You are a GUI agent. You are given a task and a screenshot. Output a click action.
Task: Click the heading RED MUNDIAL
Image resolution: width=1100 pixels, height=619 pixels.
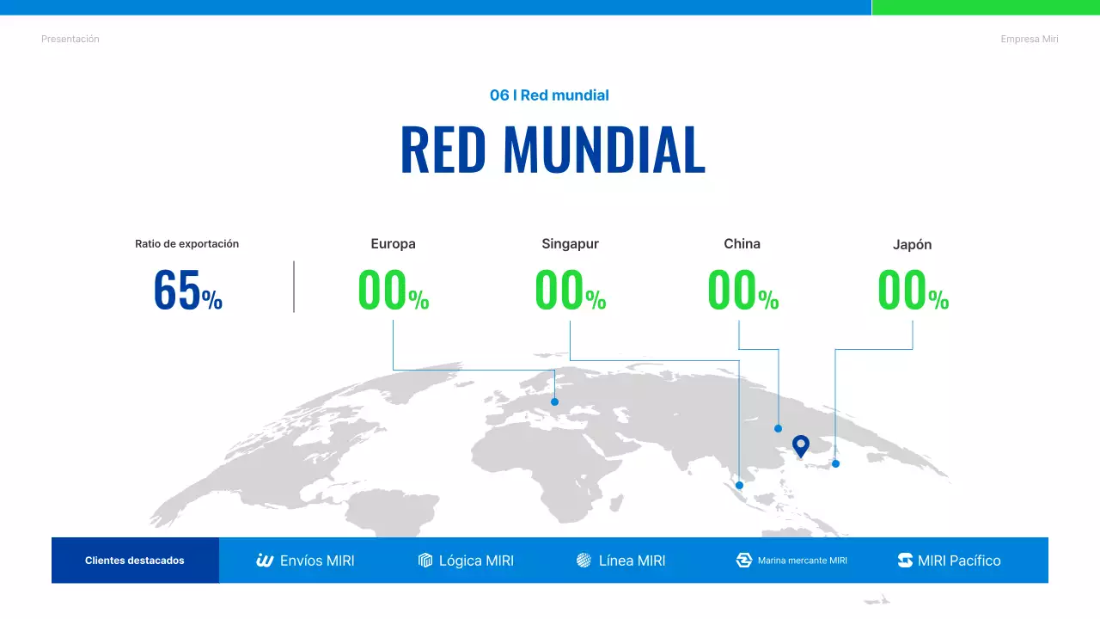tap(553, 150)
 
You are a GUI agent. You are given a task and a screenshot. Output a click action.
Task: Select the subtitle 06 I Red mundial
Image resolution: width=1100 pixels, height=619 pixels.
tap(549, 95)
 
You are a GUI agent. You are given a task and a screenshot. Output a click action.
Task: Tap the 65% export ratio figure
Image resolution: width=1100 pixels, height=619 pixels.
tap(187, 291)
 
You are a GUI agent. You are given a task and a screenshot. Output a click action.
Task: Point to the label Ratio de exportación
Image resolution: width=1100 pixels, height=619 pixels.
tap(186, 244)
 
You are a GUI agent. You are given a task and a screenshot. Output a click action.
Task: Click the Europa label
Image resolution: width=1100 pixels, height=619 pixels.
tap(393, 244)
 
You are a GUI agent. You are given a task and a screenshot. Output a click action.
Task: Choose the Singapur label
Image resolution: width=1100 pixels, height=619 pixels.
tap(570, 244)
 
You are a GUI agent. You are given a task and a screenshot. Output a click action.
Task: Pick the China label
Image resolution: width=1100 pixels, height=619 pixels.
tap(742, 244)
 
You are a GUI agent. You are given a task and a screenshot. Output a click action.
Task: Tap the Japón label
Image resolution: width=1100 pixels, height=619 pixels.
tap(912, 245)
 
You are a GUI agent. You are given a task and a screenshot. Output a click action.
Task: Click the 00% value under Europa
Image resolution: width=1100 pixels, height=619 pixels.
tap(393, 291)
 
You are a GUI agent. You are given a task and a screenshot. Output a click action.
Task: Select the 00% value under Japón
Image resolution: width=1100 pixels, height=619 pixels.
tap(913, 291)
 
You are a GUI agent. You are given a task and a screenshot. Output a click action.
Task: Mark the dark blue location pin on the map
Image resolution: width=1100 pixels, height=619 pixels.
tap(801, 445)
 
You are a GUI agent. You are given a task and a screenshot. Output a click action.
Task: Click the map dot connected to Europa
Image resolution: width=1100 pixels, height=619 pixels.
tap(554, 401)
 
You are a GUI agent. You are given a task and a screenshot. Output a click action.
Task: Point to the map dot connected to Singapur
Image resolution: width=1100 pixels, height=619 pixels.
tap(739, 486)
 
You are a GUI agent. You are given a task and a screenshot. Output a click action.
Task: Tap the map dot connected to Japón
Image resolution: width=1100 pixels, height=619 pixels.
tap(835, 463)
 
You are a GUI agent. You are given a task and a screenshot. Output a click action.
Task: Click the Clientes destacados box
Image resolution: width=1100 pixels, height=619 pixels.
tap(135, 561)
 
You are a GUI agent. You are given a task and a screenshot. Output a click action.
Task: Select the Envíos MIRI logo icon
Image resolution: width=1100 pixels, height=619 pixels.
tap(265, 561)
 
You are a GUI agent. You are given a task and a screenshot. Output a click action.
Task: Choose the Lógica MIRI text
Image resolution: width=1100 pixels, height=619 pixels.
tap(476, 561)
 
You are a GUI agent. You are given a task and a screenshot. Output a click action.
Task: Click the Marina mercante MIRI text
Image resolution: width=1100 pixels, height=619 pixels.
tap(802, 561)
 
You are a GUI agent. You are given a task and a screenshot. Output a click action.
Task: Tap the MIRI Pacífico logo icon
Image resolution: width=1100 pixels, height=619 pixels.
tap(905, 561)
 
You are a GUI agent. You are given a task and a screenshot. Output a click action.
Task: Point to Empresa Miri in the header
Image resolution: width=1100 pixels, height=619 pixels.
tap(1030, 40)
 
